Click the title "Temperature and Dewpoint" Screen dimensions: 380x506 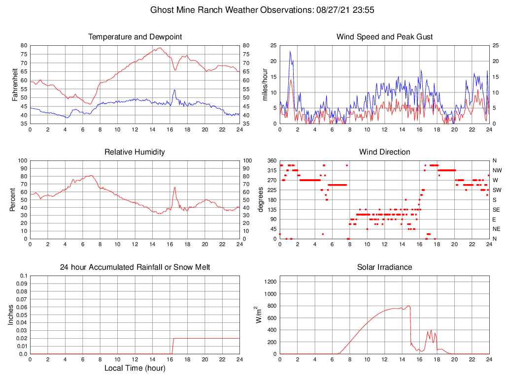click(x=135, y=37)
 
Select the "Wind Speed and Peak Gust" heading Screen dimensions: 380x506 click(x=384, y=37)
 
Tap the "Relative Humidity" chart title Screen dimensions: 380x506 click(x=135, y=152)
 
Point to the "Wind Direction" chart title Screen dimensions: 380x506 click(x=384, y=152)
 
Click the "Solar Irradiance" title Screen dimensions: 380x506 click(x=384, y=267)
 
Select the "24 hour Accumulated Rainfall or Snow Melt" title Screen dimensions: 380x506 click(x=135, y=267)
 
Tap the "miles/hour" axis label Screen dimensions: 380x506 click(x=265, y=84)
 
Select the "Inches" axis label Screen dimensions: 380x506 click(x=11, y=315)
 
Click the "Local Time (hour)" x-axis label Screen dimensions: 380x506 click(x=135, y=368)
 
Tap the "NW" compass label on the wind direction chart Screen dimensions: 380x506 click(x=495, y=170)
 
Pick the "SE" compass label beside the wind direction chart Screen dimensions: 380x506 click(x=495, y=210)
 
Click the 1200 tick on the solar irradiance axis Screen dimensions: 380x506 click(x=270, y=282)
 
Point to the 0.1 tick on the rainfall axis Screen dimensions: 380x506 click(x=23, y=276)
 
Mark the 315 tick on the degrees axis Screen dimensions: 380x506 click(x=271, y=170)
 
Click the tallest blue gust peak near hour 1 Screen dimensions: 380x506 click(x=290, y=51)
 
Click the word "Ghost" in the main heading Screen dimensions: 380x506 click(x=163, y=10)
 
